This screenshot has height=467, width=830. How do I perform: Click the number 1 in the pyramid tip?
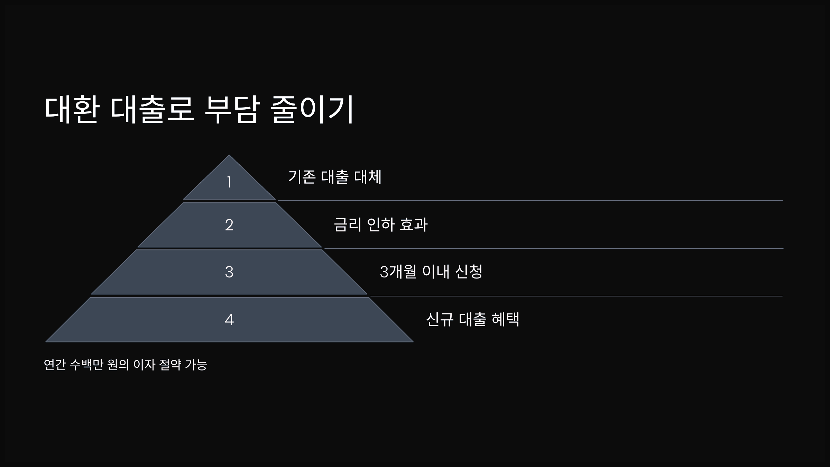(229, 182)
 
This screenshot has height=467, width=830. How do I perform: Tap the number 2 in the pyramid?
(229, 225)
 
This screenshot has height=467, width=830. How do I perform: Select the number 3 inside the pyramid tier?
(229, 272)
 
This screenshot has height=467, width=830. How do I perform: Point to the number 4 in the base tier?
(229, 320)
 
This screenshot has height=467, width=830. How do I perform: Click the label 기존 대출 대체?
(334, 177)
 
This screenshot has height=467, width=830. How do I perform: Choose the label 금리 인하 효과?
(380, 225)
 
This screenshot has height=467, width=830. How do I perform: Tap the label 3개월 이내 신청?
(431, 272)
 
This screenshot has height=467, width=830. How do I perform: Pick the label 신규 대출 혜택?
(472, 319)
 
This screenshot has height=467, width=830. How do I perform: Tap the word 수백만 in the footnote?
(86, 365)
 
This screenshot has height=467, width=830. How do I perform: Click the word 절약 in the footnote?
(170, 365)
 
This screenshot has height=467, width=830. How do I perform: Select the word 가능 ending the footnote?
(196, 365)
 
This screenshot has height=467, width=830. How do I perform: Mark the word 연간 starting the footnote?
(55, 365)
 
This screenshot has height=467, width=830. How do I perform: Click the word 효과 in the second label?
(413, 225)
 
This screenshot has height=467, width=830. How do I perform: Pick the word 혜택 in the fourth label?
(505, 319)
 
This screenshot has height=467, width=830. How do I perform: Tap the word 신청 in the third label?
(469, 272)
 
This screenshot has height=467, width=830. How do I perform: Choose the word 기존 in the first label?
(302, 177)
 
